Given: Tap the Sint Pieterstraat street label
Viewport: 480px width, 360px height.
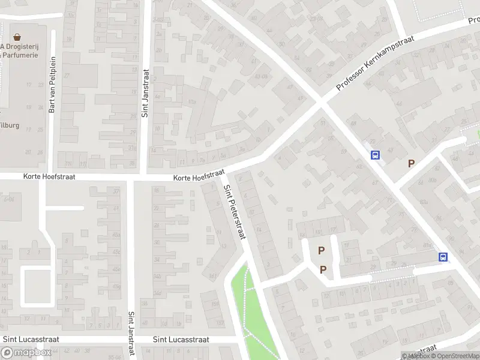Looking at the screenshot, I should pyautogui.click(x=235, y=212).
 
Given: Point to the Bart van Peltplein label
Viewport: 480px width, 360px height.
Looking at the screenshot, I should pyautogui.click(x=52, y=93).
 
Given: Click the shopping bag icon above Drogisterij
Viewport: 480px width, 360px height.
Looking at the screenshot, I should pyautogui.click(x=17, y=37).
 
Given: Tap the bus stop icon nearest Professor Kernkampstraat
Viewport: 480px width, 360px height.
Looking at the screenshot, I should pyautogui.click(x=376, y=155).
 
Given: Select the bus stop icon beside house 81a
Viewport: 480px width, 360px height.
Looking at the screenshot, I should pyautogui.click(x=443, y=257).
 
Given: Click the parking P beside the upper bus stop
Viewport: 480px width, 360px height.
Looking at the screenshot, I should pyautogui.click(x=412, y=163).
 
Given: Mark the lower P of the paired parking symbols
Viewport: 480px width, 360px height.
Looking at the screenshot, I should pyautogui.click(x=323, y=269).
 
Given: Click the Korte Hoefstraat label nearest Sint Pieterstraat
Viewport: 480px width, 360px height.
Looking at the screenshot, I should pyautogui.click(x=197, y=178).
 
